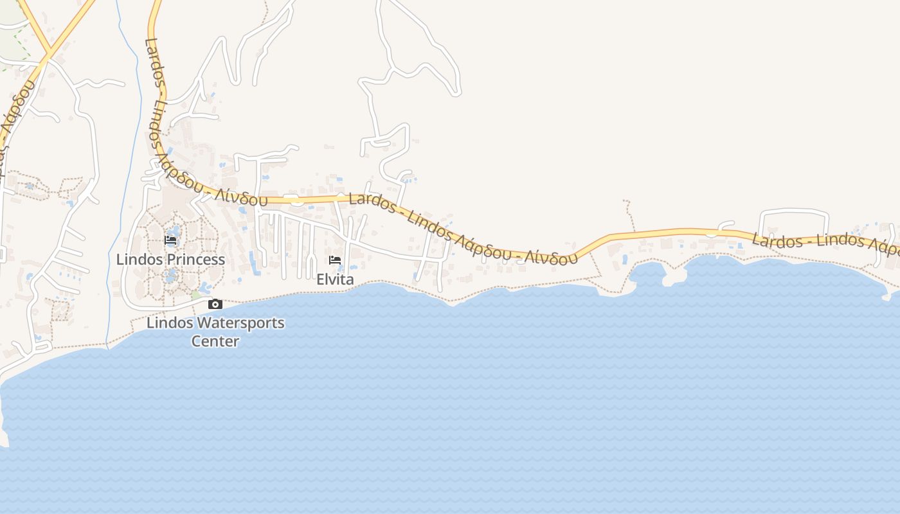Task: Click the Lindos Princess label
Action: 170,260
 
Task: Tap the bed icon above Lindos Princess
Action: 170,240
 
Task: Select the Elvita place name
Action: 335,279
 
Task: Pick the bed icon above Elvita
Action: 335,260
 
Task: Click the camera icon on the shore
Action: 215,304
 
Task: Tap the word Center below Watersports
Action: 215,341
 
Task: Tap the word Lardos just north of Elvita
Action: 372,203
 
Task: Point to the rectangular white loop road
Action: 794,211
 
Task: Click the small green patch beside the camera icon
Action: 195,295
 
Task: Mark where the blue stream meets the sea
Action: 109,347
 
